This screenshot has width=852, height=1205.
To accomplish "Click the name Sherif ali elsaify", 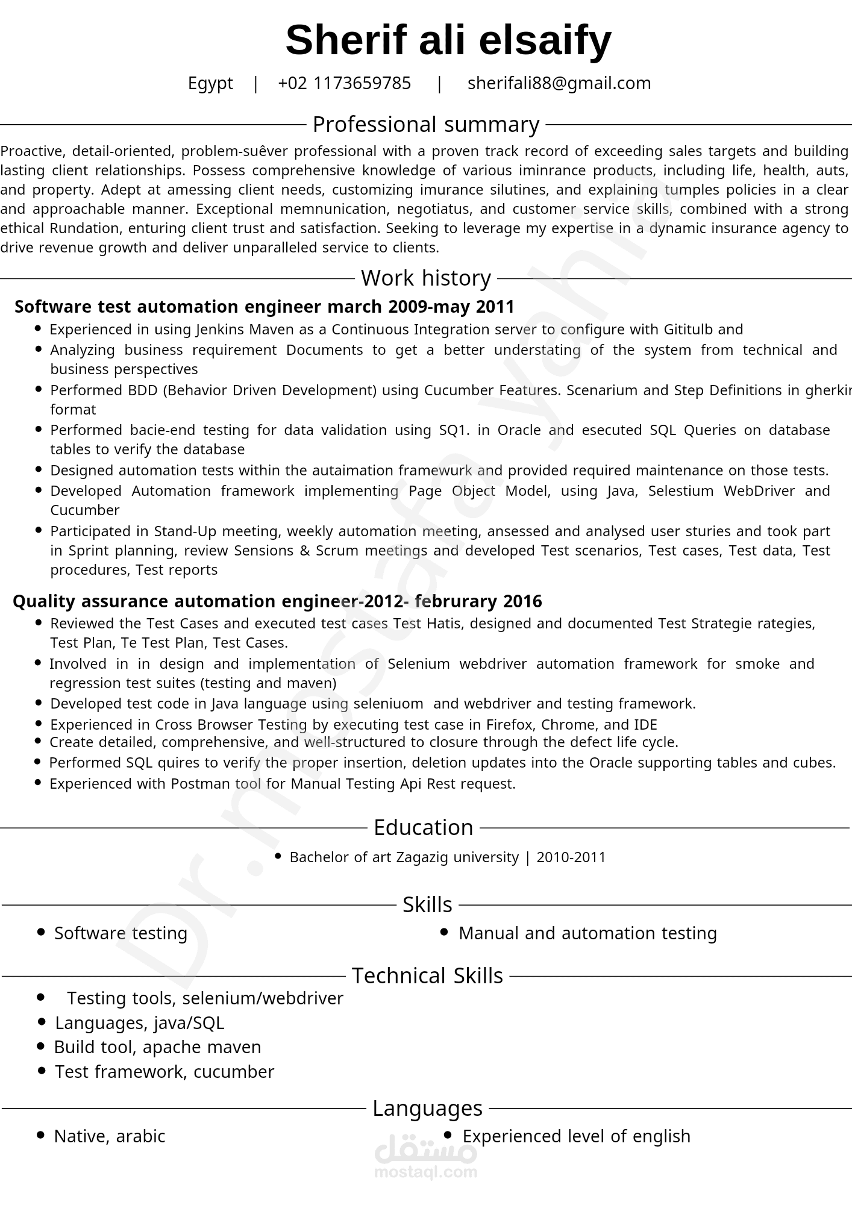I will coord(448,40).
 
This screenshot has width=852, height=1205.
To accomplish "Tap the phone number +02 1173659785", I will coord(344,83).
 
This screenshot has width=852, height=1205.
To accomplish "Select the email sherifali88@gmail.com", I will coord(559,83).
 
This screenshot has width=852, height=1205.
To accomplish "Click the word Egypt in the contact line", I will coord(210,83).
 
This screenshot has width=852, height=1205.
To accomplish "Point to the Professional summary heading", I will coord(425,125).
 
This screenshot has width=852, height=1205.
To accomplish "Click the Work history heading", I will coord(425,278).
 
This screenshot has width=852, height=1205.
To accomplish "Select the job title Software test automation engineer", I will coord(168,307).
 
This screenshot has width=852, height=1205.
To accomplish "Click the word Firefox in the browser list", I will coord(508,725).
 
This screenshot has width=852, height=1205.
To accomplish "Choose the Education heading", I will coord(423,828).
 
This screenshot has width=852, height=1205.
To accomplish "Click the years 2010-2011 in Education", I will coord(571,857).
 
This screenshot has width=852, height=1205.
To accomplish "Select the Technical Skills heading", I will coord(427,976).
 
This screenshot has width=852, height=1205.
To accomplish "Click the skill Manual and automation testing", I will coord(587,933).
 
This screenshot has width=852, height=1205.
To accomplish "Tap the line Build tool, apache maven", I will coord(157,1047).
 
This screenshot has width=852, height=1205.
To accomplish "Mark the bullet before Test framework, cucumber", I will coord(41,1071).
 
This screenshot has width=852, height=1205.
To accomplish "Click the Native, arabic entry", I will coord(109,1136).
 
